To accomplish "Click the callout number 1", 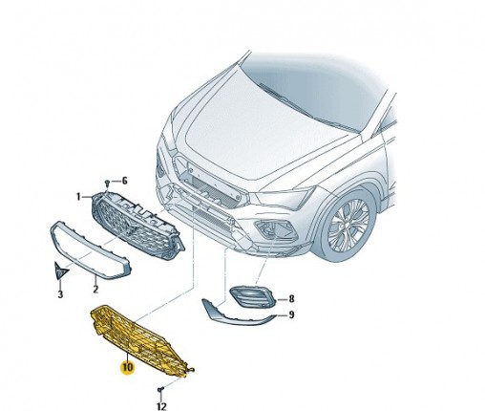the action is pyautogui.click(x=78, y=197).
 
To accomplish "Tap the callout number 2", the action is pyautogui.click(x=95, y=289).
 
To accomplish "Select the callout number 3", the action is pyautogui.click(x=60, y=294).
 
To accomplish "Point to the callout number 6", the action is pyautogui.click(x=124, y=181).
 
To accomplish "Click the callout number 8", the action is pyautogui.click(x=291, y=299).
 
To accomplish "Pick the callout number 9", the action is pyautogui.click(x=291, y=315).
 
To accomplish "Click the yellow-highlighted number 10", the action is pyautogui.click(x=127, y=367).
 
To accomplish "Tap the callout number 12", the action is pyautogui.click(x=161, y=406).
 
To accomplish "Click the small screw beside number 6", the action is pyautogui.click(x=108, y=184).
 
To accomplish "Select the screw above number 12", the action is pyautogui.click(x=161, y=389).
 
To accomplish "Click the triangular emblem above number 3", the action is pyautogui.click(x=61, y=270).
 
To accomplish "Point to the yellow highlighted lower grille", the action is pyautogui.click(x=140, y=341).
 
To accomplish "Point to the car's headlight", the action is pyautogui.click(x=284, y=198).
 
